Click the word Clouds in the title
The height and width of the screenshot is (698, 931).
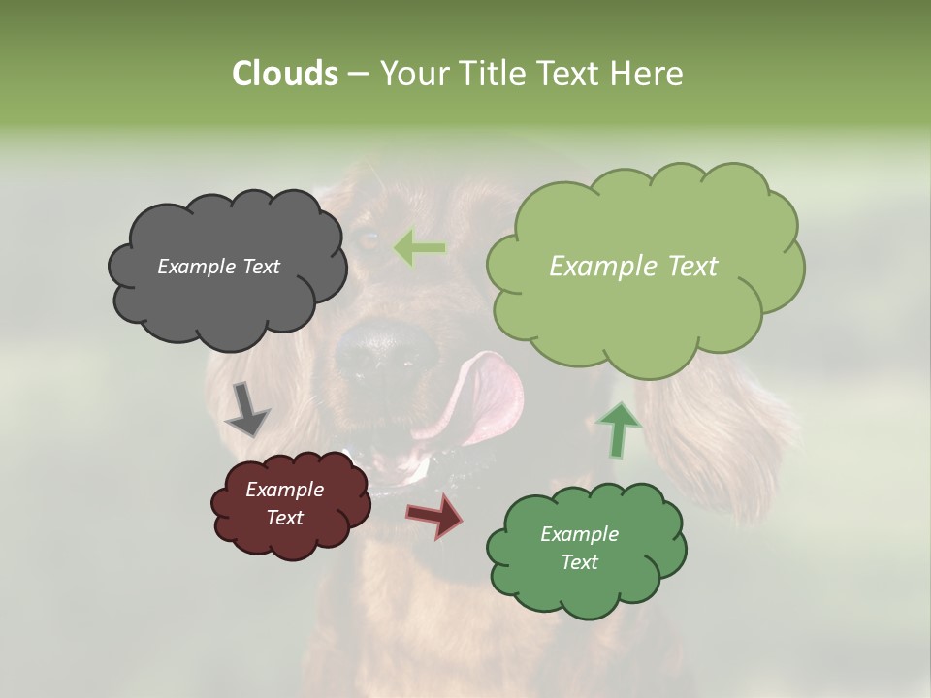click(x=284, y=74)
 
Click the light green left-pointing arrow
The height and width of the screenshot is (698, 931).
click(x=419, y=248)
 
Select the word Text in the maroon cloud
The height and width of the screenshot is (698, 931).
click(x=285, y=518)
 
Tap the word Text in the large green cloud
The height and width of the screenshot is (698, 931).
click(x=687, y=266)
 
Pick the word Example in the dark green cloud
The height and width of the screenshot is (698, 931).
click(x=579, y=534)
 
